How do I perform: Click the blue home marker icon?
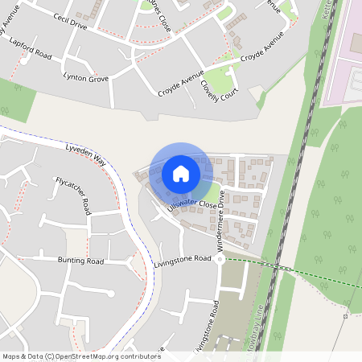tap(181, 174)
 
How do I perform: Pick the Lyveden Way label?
tap(86, 155)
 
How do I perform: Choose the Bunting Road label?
tap(80, 261)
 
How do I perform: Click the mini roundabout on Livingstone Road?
tap(219, 260)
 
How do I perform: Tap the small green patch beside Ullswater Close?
tap(209, 193)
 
